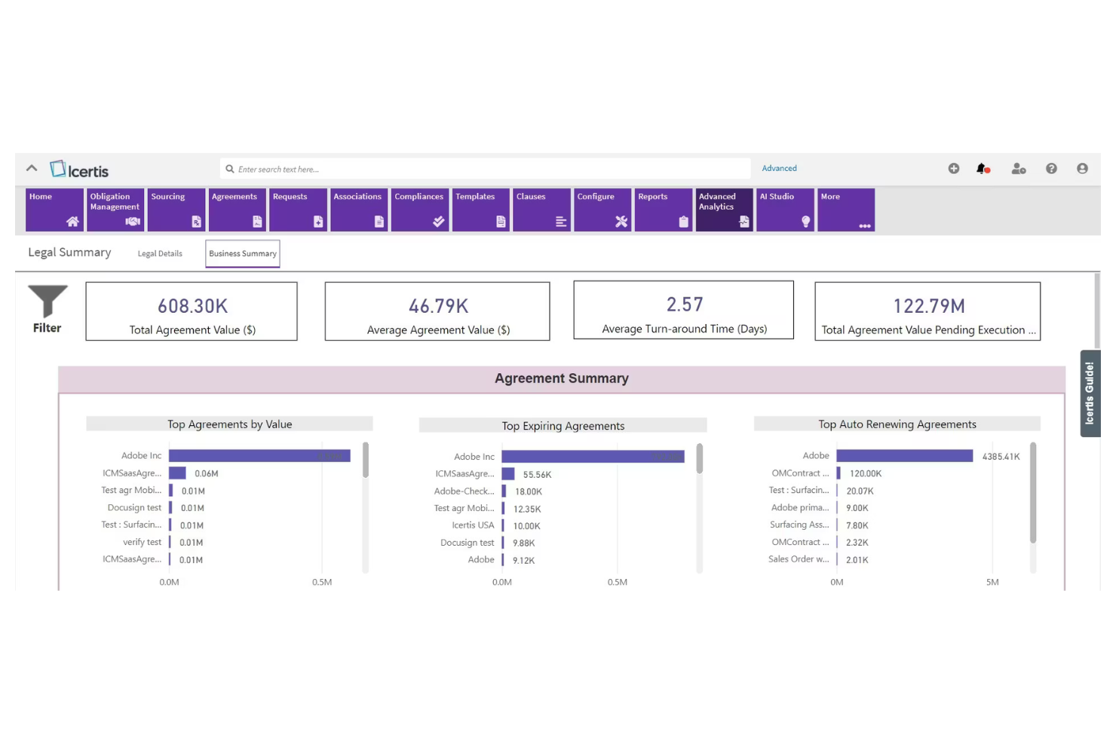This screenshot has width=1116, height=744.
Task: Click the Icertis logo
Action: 79,170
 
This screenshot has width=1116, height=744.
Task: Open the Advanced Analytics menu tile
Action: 723,210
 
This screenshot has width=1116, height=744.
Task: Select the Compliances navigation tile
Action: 419,210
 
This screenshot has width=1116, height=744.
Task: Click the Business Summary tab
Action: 243,254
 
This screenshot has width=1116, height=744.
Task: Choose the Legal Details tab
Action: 160,254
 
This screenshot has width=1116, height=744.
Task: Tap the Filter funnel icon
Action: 48,302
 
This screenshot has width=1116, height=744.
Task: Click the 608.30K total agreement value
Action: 192,306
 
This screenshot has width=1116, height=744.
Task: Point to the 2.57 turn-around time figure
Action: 685,305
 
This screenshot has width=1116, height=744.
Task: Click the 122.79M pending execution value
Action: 928,306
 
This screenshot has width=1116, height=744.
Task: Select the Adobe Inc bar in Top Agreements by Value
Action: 259,456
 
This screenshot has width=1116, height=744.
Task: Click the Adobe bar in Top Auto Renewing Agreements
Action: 904,456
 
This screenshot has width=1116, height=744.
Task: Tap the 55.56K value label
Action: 537,475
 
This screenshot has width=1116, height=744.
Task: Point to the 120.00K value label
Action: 865,474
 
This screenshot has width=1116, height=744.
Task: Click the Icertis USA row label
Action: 473,525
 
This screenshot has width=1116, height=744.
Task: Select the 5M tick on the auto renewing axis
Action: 992,583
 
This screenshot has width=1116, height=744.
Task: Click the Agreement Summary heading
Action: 561,378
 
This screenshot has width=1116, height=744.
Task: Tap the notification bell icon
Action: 982,169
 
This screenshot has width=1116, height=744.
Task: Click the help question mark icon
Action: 1051,169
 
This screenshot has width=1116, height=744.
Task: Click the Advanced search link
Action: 779,169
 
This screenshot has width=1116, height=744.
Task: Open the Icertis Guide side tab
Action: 1090,393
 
